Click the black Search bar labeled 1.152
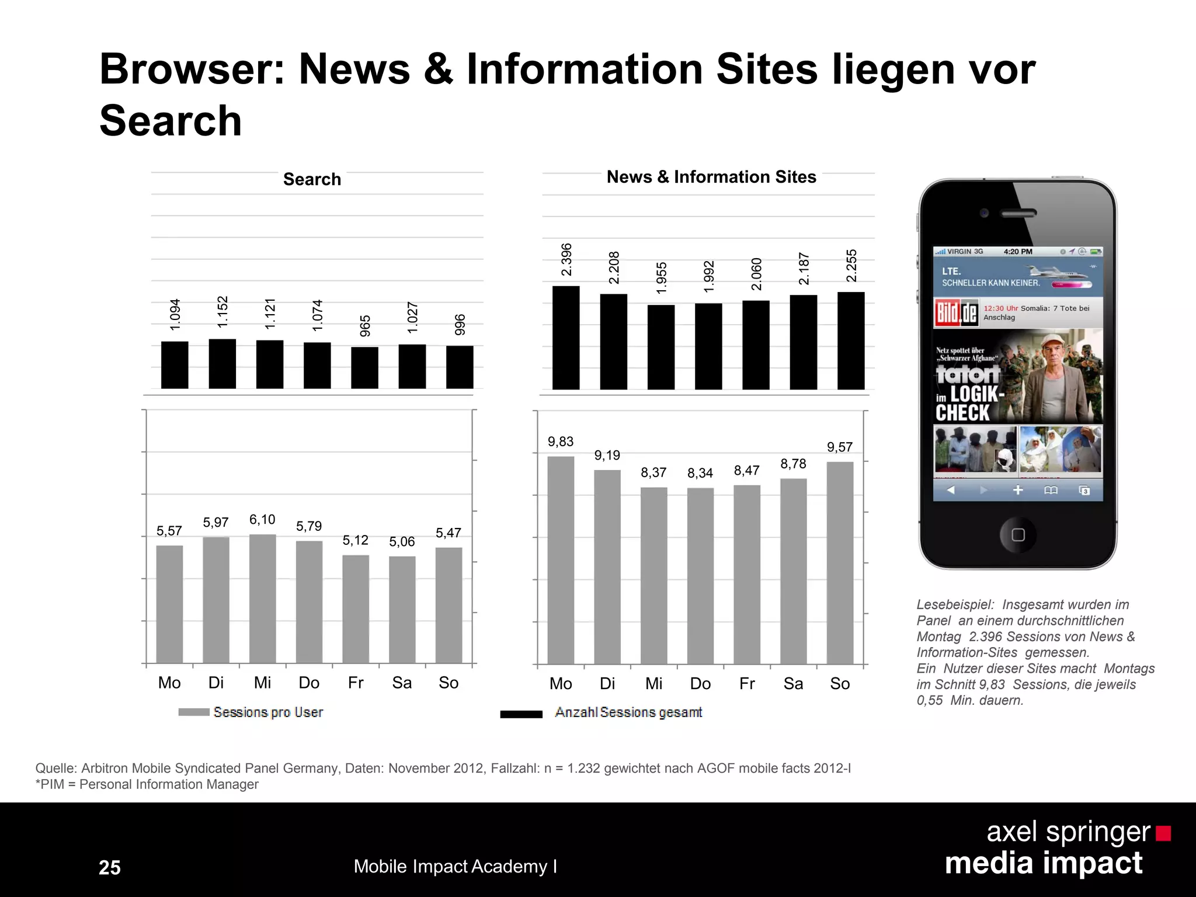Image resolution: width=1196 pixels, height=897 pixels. click(x=222, y=364)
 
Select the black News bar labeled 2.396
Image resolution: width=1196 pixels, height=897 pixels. click(x=565, y=338)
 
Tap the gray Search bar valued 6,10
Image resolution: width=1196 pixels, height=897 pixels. click(x=262, y=599)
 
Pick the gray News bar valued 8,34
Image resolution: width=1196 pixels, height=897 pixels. click(x=700, y=576)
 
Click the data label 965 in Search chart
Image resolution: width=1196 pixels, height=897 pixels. click(x=365, y=326)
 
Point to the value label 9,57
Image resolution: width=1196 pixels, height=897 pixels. click(x=839, y=447)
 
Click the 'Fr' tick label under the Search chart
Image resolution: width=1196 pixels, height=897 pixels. click(x=355, y=683)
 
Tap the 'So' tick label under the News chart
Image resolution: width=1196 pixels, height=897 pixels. click(x=839, y=684)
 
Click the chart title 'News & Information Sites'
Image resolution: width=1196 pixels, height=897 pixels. click(x=711, y=177)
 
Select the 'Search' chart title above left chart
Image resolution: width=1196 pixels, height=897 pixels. click(x=312, y=179)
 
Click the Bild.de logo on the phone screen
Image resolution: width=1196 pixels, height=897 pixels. click(x=956, y=313)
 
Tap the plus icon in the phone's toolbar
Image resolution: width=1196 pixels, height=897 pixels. click(x=1018, y=490)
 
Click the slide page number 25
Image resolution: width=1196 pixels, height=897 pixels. click(x=110, y=867)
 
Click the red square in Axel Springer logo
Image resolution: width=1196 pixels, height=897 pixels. click(x=1163, y=833)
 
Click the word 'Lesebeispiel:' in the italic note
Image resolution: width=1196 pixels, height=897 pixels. click(x=955, y=605)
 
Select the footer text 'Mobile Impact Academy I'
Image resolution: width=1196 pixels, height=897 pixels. click(x=455, y=867)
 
